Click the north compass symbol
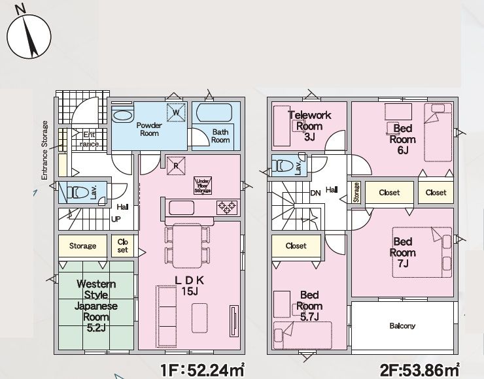pyautogui.click(x=29, y=35)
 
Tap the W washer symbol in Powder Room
pyautogui.click(x=176, y=112)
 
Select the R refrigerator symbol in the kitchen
pyautogui.click(x=176, y=166)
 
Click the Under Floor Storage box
pyautogui.click(x=203, y=186)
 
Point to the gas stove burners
pyautogui.click(x=227, y=208)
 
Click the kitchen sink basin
pyautogui.click(x=182, y=208)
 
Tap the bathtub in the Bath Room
pyautogui.click(x=215, y=112)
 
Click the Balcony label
pyautogui.click(x=402, y=325)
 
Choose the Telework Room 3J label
pyautogui.click(x=309, y=126)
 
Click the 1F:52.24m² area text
pyautogui.click(x=203, y=370)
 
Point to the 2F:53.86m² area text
pyautogui.click(x=419, y=369)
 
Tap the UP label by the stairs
pyautogui.click(x=116, y=220)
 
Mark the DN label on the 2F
pyautogui.click(x=315, y=193)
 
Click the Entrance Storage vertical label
pyautogui.click(x=44, y=150)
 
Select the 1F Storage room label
pyautogui.click(x=82, y=246)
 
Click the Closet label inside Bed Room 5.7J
pyautogui.click(x=296, y=246)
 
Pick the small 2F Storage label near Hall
pyautogui.click(x=356, y=192)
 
